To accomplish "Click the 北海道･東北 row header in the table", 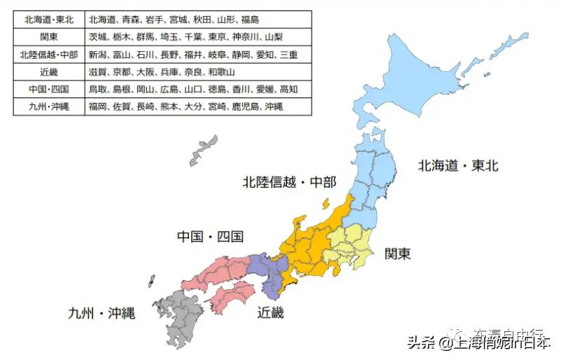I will click(x=48, y=20).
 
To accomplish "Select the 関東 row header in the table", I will click(x=48, y=37).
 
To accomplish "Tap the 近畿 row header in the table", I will click(x=48, y=72).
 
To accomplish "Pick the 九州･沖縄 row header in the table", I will click(x=48, y=107).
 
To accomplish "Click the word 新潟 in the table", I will click(x=98, y=55).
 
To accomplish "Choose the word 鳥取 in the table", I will click(x=98, y=90).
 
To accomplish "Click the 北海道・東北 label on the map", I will click(x=458, y=166).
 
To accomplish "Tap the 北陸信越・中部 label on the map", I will click(x=289, y=183).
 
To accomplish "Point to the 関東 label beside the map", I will click(x=397, y=253).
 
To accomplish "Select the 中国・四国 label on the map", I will click(x=209, y=237).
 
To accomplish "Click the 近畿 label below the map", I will click(x=270, y=313).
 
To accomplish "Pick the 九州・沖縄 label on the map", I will click(x=102, y=313).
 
